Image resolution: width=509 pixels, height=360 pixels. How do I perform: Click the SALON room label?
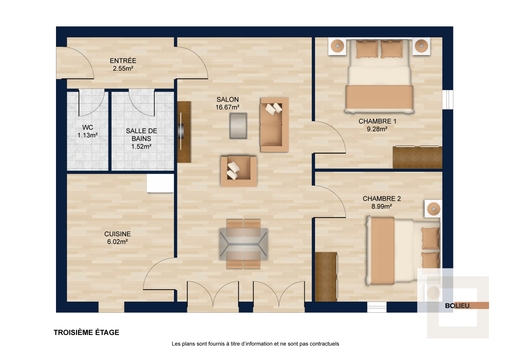pyautogui.click(x=228, y=99)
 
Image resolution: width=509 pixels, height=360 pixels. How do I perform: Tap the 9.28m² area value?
pyautogui.click(x=377, y=129)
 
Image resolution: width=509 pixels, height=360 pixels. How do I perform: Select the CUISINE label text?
pyautogui.click(x=117, y=234)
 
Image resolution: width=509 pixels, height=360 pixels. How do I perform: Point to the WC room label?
pyautogui.click(x=88, y=127)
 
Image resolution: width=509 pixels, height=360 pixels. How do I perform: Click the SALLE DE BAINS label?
pyautogui.click(x=141, y=135)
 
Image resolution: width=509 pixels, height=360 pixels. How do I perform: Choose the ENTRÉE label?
pyautogui.click(x=123, y=61)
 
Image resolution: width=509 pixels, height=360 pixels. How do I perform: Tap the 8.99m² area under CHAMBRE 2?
pyautogui.click(x=382, y=207)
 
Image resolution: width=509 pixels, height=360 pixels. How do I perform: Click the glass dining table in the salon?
pyautogui.click(x=244, y=244)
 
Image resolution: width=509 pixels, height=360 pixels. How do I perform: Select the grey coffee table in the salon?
pyautogui.click(x=238, y=126)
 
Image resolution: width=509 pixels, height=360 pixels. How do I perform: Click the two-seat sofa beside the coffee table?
pyautogui.click(x=274, y=125)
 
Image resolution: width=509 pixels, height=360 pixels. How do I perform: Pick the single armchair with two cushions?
pyautogui.click(x=239, y=171)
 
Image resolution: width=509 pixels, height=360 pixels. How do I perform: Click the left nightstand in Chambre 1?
pyautogui.click(x=337, y=46)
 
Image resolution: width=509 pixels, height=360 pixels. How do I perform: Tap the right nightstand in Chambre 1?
pyautogui.click(x=421, y=46)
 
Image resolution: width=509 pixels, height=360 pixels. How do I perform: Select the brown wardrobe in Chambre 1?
pyautogui.click(x=417, y=157)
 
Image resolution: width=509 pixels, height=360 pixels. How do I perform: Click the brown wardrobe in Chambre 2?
pyautogui.click(x=326, y=277)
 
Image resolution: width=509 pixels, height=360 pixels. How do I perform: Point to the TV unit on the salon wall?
pyautogui.click(x=184, y=132)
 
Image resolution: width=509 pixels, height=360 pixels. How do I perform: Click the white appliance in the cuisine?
pyautogui.click(x=160, y=183)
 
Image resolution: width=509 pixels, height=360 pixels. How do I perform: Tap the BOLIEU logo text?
pyautogui.click(x=458, y=306)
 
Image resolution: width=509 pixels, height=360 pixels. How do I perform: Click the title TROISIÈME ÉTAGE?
pyautogui.click(x=86, y=332)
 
